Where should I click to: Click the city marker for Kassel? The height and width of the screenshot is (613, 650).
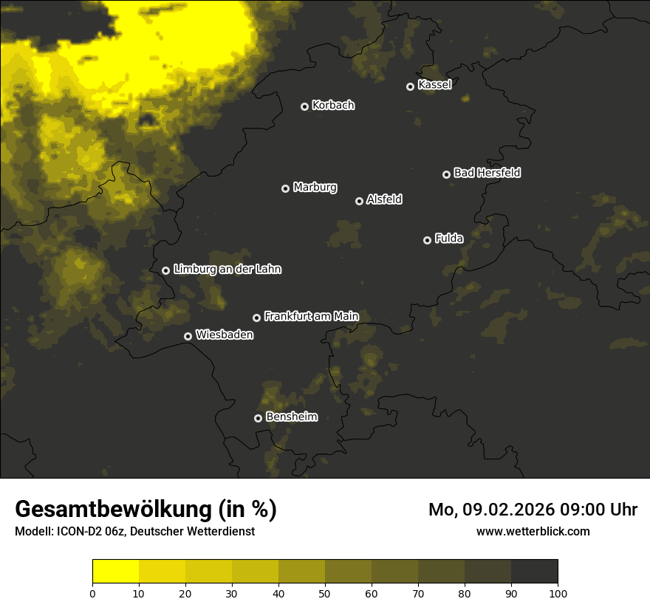tap(410, 86)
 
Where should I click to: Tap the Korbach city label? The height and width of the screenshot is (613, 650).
tap(333, 105)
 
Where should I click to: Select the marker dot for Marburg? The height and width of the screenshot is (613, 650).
tap(285, 188)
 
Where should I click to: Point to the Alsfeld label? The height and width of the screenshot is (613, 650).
tap(384, 199)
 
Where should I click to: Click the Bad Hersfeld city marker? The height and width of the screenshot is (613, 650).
tap(446, 174)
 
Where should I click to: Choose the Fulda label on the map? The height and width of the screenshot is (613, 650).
tap(449, 239)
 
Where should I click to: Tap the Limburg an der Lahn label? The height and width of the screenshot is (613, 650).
tap(227, 269)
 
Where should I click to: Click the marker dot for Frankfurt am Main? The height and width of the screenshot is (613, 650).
tap(256, 318)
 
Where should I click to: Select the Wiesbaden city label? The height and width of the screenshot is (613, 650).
tap(225, 335)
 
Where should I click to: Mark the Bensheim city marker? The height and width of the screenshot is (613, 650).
tap(258, 418)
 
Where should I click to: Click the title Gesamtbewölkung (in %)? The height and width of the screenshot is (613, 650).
tap(146, 510)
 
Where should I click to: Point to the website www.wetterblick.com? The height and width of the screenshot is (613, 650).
tap(533, 531)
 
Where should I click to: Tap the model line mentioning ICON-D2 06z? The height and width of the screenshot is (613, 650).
tap(134, 531)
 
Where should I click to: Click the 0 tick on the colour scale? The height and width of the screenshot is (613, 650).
tap(92, 593)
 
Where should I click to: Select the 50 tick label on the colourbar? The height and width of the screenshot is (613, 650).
tap(325, 593)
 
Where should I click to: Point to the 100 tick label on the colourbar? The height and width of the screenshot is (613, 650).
tap(558, 593)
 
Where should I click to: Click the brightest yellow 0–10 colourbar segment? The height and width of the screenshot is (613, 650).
tap(115, 572)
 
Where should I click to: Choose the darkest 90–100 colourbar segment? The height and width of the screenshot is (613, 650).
tap(534, 572)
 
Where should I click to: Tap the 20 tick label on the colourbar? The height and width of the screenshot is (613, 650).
tap(185, 593)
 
